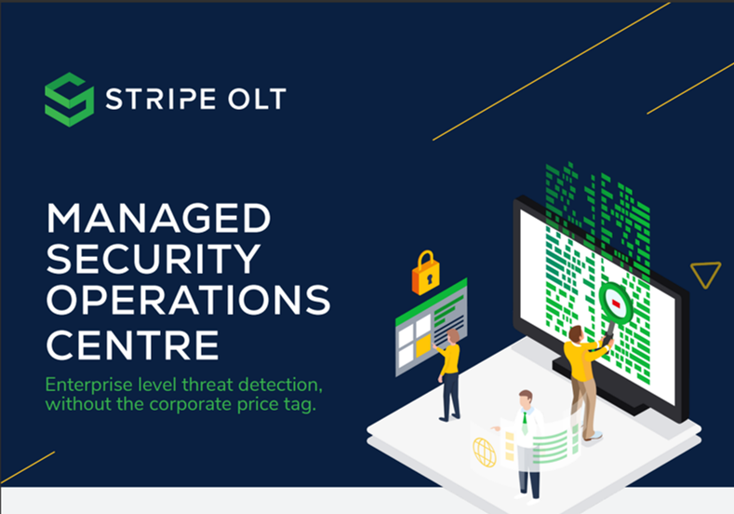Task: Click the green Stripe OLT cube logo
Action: [69, 100]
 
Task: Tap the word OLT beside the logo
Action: [257, 99]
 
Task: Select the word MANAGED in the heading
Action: [159, 218]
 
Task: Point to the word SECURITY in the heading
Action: [153, 259]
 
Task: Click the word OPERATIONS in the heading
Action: [189, 300]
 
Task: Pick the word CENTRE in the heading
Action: [132, 345]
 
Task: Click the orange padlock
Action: [425, 274]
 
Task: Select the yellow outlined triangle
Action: [705, 275]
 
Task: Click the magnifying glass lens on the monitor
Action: [616, 304]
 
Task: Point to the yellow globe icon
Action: [485, 453]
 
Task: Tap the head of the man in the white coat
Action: [526, 399]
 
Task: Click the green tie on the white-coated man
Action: [526, 422]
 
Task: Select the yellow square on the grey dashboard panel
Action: [423, 345]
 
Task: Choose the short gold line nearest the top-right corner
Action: [690, 88]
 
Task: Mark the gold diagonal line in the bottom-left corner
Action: [28, 467]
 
